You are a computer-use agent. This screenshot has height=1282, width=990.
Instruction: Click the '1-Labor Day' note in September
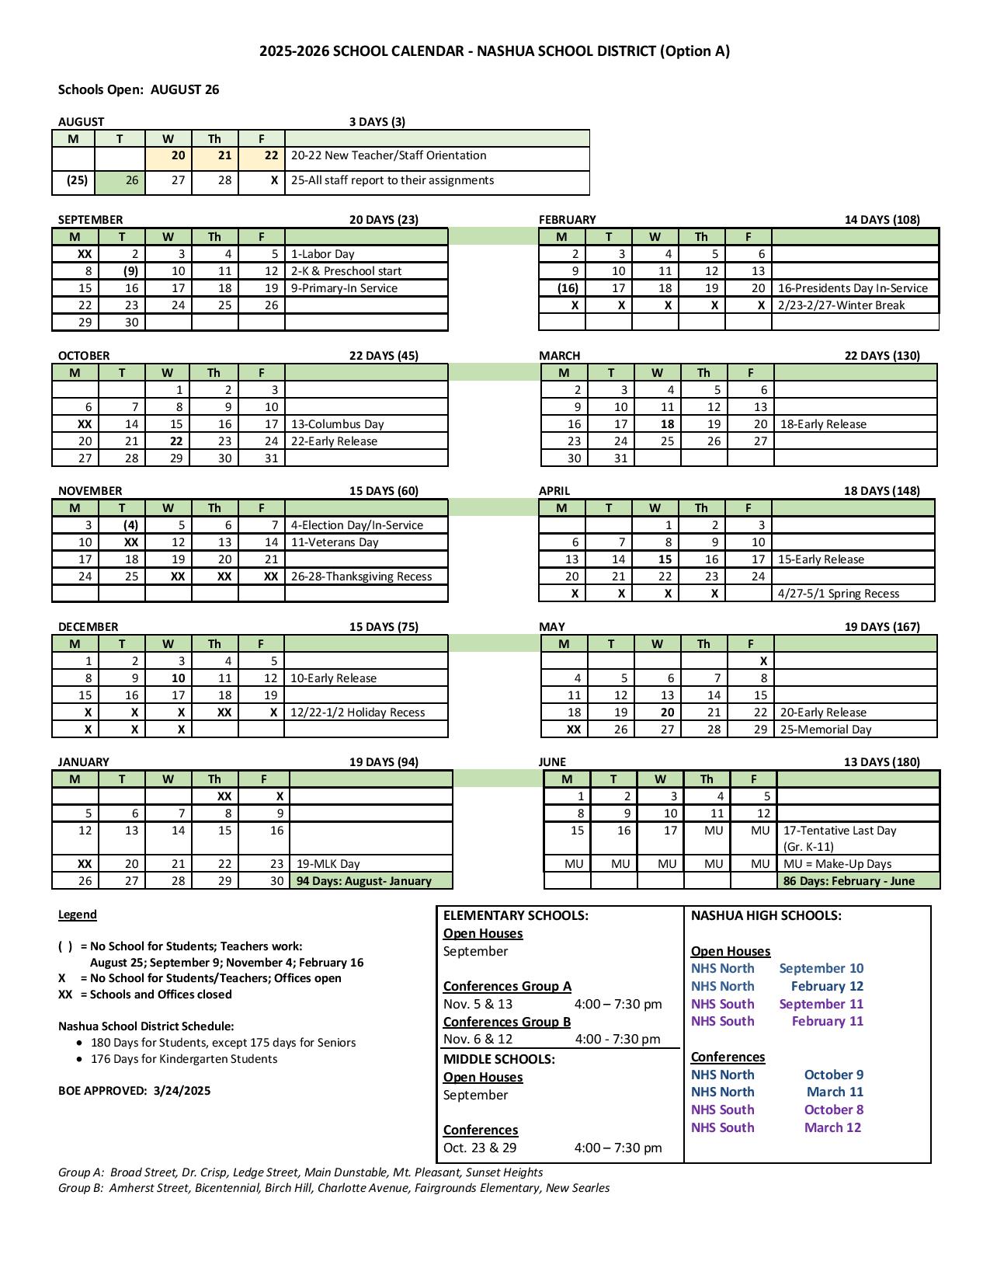coord(322,254)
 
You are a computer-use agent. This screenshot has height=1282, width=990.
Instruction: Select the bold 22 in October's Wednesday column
coord(176,441)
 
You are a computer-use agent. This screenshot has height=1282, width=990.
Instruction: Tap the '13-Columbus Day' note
coord(337,424)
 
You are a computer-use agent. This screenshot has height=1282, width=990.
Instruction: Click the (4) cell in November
coord(130,525)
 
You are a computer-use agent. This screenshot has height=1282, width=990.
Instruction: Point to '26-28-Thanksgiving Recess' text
coord(361,577)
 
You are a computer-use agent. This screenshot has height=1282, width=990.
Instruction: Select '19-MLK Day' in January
coord(328,864)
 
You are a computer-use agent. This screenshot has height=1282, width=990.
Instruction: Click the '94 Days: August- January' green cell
coord(363,881)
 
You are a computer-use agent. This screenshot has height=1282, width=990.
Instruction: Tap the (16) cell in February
coord(568,288)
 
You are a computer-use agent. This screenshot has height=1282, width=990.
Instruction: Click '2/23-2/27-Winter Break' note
coord(841,305)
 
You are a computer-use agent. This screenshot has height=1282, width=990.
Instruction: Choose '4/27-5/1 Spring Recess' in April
coord(839,594)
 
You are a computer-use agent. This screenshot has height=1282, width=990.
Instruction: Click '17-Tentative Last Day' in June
coord(839,831)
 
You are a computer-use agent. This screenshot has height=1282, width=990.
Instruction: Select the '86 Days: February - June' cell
coord(849,881)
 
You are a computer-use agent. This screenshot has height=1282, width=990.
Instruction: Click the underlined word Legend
coord(78,914)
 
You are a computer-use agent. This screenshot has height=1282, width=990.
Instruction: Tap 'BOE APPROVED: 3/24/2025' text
coord(134,1091)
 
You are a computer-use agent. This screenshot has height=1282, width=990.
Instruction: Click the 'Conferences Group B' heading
coord(507,1022)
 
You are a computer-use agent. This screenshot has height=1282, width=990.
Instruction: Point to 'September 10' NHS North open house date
coord(821,968)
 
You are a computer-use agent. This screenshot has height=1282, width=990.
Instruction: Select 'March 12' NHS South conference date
coord(832,1127)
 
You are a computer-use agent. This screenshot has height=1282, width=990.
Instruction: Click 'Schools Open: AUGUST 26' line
coord(139,89)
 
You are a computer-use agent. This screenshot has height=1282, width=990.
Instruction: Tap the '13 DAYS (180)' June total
coord(881,762)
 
